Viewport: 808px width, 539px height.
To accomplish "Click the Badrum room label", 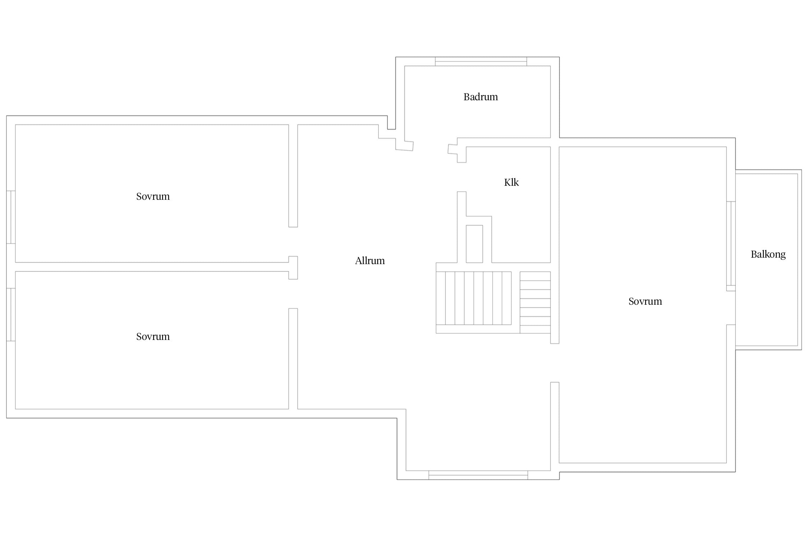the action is tap(480, 97).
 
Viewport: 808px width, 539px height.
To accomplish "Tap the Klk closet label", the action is tap(511, 183).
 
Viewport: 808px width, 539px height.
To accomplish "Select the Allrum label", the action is tap(370, 261).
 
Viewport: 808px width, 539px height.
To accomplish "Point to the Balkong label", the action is tap(768, 255).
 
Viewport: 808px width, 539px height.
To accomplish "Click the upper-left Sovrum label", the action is tap(153, 197).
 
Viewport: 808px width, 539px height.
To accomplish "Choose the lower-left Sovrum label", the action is tap(153, 337).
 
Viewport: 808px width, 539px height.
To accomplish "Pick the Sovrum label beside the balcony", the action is tap(645, 301).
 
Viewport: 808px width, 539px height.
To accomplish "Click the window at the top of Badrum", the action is tap(481, 61).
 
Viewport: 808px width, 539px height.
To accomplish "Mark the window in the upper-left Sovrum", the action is tap(11, 217).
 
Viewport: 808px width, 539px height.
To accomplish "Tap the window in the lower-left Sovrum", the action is tap(11, 314).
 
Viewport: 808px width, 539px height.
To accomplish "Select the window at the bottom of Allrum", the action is tap(478, 475).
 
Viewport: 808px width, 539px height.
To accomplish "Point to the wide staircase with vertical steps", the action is tap(474, 298).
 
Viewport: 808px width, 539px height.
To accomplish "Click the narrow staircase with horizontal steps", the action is tap(535, 303).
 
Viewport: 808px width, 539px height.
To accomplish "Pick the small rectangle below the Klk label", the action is tap(474, 244).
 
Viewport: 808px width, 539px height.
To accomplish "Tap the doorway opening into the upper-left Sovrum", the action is tap(293, 241).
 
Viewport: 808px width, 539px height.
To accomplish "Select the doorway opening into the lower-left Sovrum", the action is tap(293, 294).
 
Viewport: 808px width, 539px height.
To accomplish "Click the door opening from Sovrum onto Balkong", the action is tap(731, 308).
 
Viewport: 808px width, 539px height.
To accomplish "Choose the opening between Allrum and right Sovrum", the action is tap(555, 363).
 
